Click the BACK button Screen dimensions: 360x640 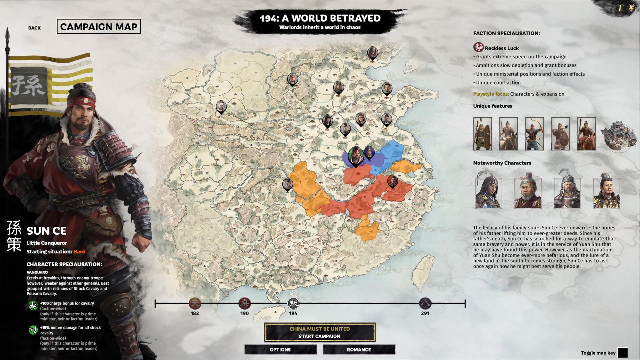34,28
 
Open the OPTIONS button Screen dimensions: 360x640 280,350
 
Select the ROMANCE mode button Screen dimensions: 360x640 359,350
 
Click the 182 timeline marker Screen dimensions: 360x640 195,304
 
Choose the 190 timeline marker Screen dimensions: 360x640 244,304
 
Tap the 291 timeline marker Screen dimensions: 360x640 425,304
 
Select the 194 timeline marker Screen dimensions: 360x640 293,304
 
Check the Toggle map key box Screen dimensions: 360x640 622,353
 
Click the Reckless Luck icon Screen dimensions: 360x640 478,47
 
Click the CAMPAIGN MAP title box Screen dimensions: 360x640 99,27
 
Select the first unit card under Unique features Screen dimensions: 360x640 482,134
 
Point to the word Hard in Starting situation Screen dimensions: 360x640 79,252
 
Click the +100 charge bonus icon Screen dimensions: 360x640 33,305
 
